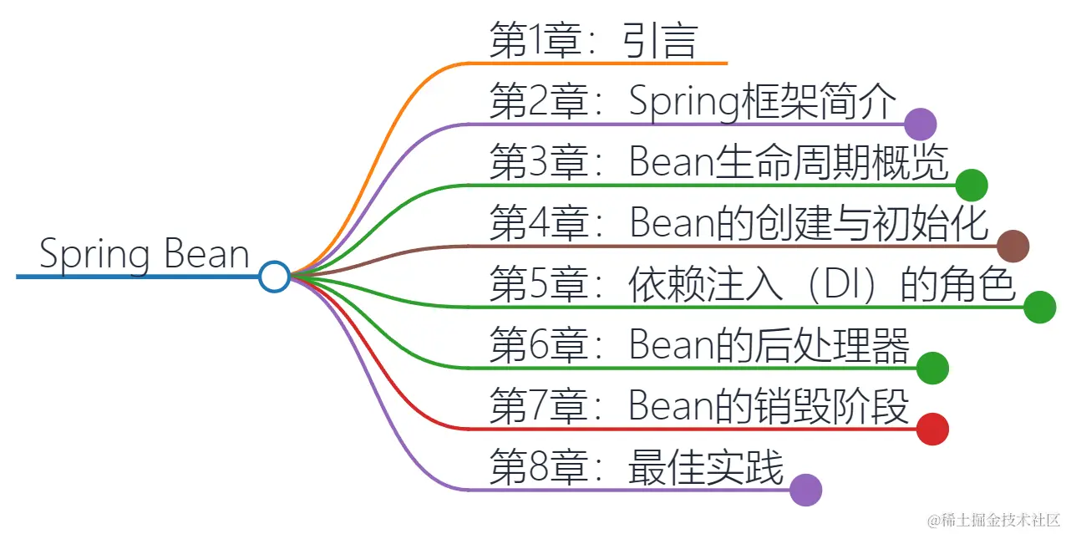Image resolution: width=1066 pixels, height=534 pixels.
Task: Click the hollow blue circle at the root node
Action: [x=274, y=276]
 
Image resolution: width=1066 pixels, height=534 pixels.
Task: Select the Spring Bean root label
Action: [x=145, y=254]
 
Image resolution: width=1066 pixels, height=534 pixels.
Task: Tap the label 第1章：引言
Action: [x=593, y=41]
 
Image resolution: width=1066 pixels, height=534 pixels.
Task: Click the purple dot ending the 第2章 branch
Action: [x=921, y=125]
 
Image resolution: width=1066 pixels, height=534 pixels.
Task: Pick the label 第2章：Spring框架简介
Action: [x=693, y=103]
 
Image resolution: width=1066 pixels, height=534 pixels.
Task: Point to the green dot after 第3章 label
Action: [x=972, y=185]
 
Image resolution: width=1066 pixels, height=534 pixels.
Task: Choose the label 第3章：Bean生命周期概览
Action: [x=719, y=163]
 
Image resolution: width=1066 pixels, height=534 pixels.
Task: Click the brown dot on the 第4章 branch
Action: [x=1013, y=246]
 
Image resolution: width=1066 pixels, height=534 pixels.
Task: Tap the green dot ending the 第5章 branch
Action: [x=1040, y=307]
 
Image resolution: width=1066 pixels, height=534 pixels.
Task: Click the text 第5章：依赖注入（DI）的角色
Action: [x=753, y=285]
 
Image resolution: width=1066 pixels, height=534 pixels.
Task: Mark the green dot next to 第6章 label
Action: [x=932, y=368]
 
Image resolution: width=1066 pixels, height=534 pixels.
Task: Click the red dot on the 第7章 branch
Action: [x=932, y=429]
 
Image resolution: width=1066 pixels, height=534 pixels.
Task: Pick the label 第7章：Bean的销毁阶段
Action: [x=699, y=407]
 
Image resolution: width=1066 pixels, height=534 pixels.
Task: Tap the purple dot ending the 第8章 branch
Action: [x=805, y=490]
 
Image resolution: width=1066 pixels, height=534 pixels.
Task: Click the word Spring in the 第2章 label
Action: [x=684, y=104]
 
